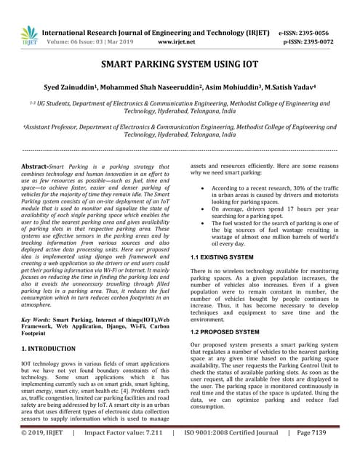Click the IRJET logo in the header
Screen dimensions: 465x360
28,36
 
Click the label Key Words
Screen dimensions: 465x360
36,320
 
